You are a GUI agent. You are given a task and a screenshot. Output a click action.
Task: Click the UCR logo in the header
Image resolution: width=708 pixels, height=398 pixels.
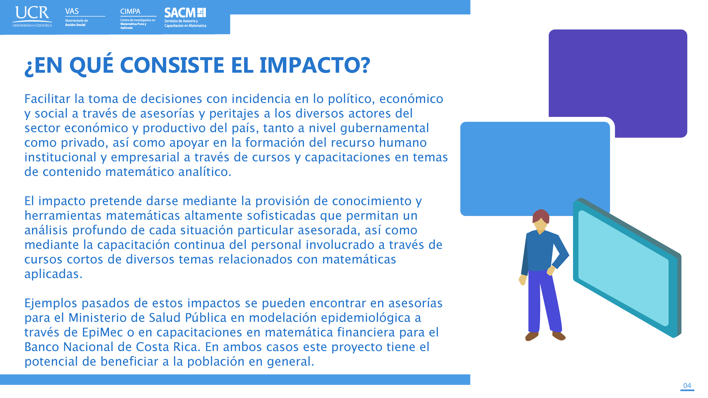(x=32, y=16)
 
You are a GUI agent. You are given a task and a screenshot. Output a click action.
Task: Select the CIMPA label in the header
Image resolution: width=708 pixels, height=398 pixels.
(x=130, y=12)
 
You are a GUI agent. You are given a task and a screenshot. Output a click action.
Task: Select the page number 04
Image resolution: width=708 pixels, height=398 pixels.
(x=687, y=385)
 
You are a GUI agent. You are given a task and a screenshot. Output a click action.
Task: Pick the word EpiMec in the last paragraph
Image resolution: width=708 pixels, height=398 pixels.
(x=102, y=332)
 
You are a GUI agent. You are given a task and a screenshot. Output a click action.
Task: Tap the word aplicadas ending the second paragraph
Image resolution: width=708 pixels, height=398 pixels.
(x=53, y=274)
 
